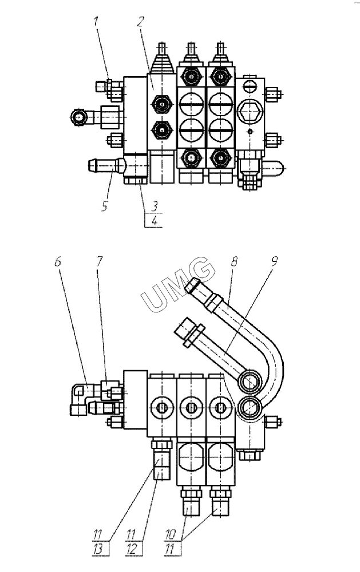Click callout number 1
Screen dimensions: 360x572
point(96,21)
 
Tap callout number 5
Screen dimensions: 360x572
point(105,206)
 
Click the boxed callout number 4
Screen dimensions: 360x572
point(155,220)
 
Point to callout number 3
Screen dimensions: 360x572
point(155,206)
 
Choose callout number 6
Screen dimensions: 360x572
point(58,261)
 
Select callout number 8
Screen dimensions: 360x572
point(234,261)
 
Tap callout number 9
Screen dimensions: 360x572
point(275,261)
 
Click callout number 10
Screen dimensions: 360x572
point(171,535)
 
